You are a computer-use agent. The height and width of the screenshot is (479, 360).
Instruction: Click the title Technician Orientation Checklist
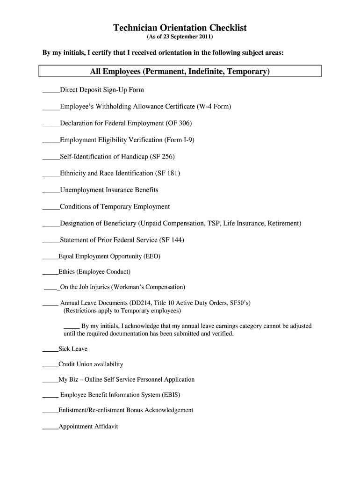(180, 28)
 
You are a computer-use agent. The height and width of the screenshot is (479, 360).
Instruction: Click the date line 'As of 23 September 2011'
(180, 37)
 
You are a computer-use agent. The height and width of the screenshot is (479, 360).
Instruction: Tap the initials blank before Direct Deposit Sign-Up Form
(51, 90)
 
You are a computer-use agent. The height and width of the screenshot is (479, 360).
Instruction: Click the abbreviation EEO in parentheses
(152, 256)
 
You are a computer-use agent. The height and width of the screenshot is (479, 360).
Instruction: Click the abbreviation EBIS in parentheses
(170, 395)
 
